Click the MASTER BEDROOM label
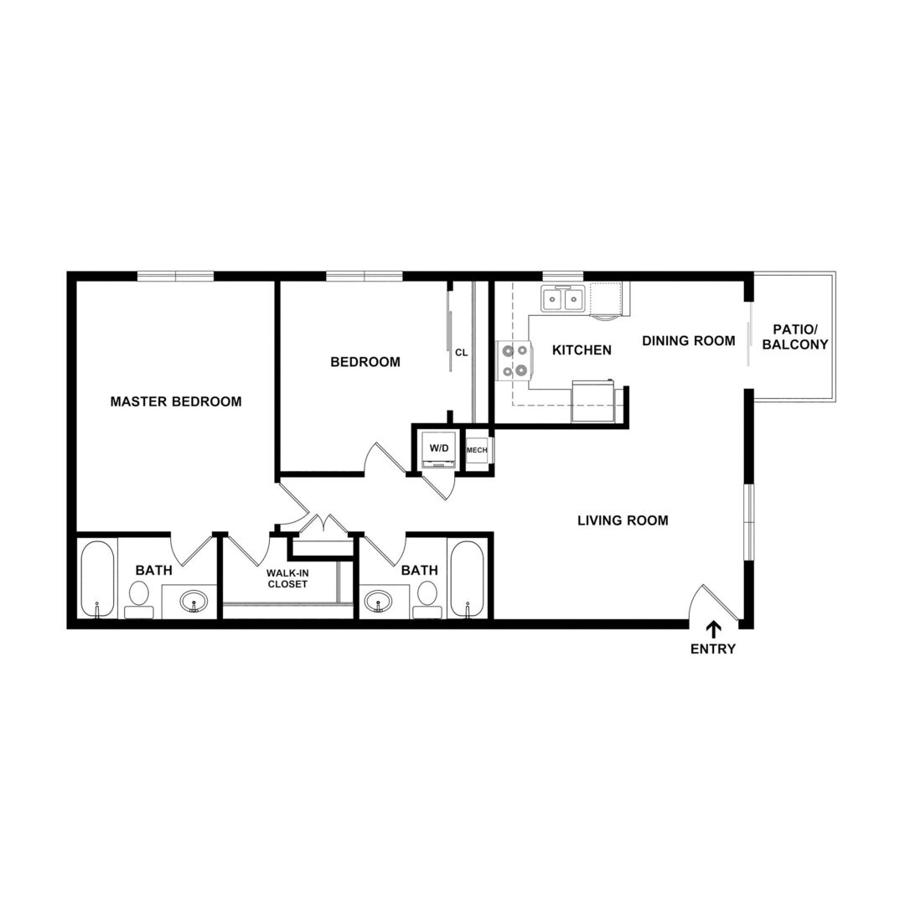click(x=176, y=401)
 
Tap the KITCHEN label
click(x=582, y=349)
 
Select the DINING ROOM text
click(x=689, y=340)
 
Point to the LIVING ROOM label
click(x=623, y=520)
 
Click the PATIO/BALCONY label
click(x=795, y=337)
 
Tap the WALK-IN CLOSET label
click(x=287, y=578)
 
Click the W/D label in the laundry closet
click(x=438, y=447)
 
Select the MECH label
click(x=477, y=450)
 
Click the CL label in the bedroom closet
click(x=461, y=353)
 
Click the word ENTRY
click(x=713, y=649)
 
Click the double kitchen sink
click(x=563, y=299)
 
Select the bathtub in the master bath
click(x=97, y=578)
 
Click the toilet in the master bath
click(x=138, y=599)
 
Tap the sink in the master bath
click(x=194, y=602)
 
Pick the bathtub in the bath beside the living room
click(x=468, y=578)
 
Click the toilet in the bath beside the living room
click(x=427, y=599)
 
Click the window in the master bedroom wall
click(x=175, y=276)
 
